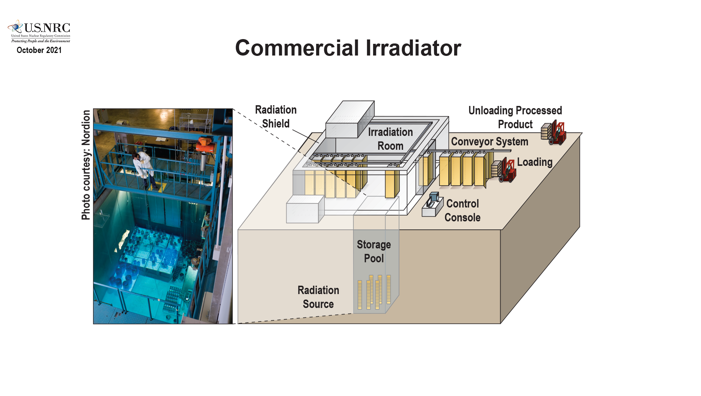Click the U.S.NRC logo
click(x=39, y=31)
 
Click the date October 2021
click(x=39, y=50)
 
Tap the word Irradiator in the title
click(x=413, y=48)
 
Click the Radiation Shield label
click(x=276, y=117)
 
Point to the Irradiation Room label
click(x=390, y=139)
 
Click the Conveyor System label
click(x=489, y=142)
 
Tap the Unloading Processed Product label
click(x=515, y=117)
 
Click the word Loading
click(x=535, y=162)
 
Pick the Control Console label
click(x=462, y=210)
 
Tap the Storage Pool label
click(x=374, y=251)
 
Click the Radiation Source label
click(x=318, y=297)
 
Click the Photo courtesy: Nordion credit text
click(x=86, y=165)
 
